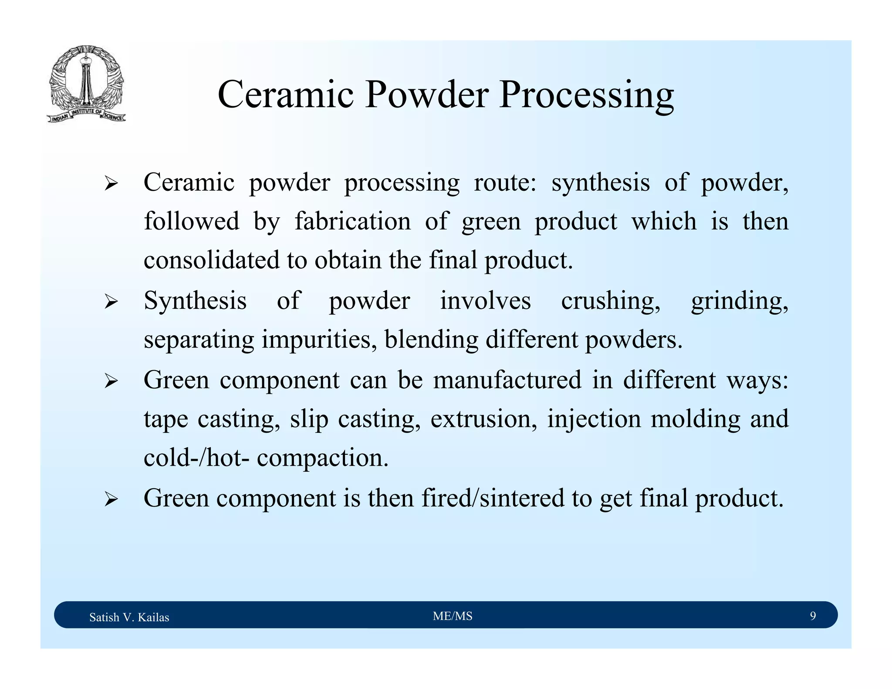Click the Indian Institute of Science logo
click(86, 84)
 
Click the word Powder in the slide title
click(426, 95)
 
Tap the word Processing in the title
click(586, 95)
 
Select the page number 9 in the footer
click(812, 615)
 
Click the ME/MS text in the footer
click(452, 615)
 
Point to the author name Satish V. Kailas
click(129, 617)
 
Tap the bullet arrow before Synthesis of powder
click(111, 302)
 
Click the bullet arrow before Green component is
click(111, 499)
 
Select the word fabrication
click(352, 221)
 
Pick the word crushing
click(610, 301)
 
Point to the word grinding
click(739, 301)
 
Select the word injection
click(594, 419)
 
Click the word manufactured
click(507, 380)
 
